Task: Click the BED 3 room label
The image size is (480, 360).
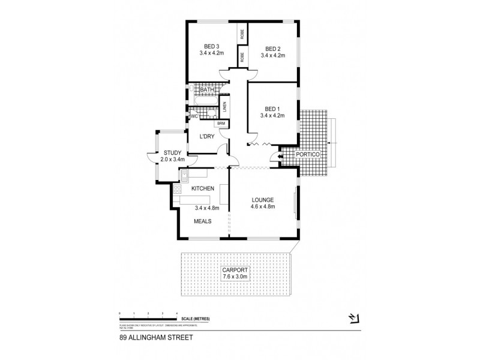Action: coord(211,46)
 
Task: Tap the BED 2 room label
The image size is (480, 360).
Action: coord(272,49)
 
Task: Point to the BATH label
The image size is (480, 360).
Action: coord(206,90)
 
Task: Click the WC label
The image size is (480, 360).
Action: coord(194,116)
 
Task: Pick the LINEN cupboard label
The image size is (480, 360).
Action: coord(224,107)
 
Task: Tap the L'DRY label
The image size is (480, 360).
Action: coord(207,137)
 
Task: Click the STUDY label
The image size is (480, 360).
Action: coord(173,153)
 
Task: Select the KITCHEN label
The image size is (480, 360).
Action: coord(203,189)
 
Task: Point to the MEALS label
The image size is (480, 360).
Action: coord(202,221)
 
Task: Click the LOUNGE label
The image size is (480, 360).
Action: coord(263,200)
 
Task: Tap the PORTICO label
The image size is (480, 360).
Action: coord(312,155)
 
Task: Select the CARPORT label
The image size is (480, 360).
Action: coord(235,271)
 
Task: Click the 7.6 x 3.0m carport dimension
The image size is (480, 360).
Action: coord(235,277)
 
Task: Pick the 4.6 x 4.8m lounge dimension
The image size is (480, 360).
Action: coord(263,207)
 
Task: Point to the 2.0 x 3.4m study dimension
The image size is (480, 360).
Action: coord(173,160)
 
